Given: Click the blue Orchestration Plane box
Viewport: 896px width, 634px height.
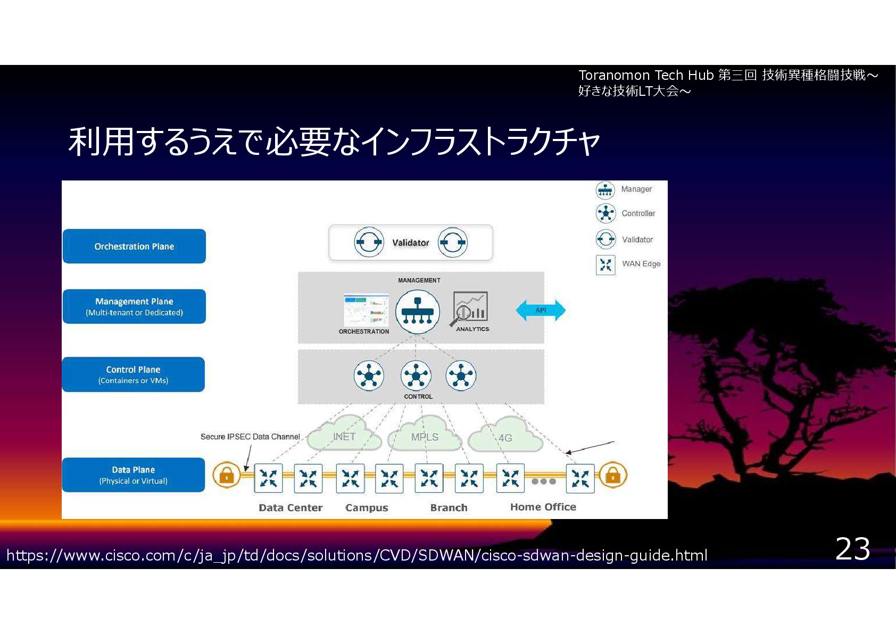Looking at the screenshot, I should coord(134,246).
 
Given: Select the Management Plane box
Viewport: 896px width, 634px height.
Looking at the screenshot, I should coord(134,306).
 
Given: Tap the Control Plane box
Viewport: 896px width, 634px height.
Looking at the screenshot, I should coord(133,374).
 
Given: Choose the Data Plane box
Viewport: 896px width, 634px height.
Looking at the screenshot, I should coord(133,475).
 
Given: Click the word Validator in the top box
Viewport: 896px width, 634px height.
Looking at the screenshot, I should coord(410,243).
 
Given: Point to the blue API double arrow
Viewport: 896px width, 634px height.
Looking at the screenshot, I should coord(541,310).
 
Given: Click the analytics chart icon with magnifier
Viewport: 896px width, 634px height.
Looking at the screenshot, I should coord(470,308).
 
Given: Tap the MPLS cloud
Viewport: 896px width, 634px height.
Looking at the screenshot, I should coord(425,437).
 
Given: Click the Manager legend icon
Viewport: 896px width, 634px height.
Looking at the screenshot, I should coord(605,190).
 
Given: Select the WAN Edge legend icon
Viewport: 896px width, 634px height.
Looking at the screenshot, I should coord(605,265).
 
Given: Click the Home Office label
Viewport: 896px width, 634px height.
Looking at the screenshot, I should coord(543,507).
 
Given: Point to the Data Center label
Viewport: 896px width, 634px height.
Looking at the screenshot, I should coord(291,508).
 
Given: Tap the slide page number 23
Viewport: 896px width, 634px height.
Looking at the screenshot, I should coord(852,549).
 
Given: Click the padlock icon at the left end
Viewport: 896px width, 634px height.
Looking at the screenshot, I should coord(227,475).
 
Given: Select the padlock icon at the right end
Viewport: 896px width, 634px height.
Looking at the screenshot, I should coord(613,475).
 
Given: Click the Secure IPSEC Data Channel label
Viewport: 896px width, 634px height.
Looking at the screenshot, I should coord(250,437).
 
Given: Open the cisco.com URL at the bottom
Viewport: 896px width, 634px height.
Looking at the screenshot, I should coord(356,556).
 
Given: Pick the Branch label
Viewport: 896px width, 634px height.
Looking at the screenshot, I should coord(449,508).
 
